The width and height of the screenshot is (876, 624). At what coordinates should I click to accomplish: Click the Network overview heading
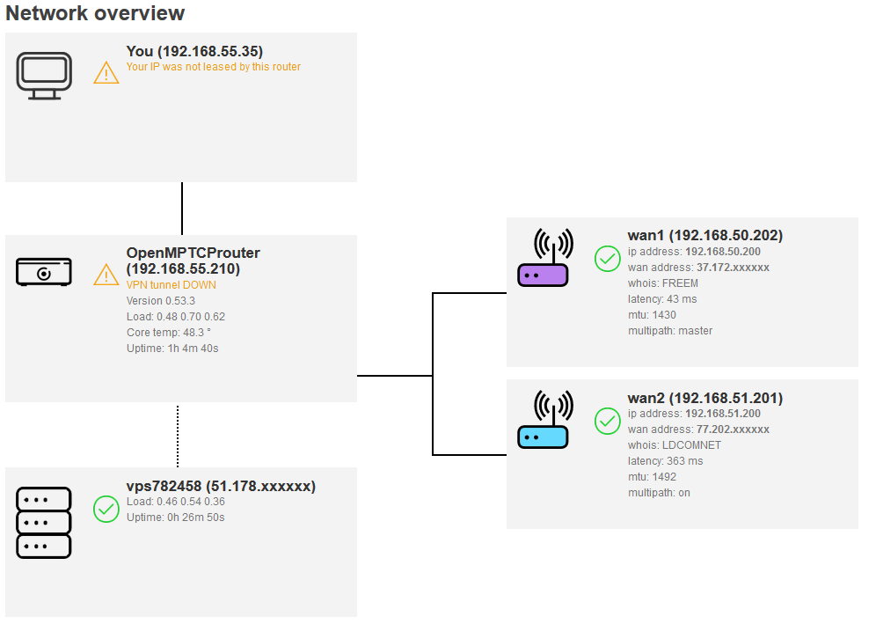[x=95, y=13]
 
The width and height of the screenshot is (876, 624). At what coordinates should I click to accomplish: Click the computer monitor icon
[x=44, y=74]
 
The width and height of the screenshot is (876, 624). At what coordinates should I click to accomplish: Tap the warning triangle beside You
[x=106, y=72]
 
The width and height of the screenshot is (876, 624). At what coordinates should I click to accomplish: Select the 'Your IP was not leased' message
[x=214, y=67]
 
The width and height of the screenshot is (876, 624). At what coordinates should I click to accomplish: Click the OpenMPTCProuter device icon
[x=44, y=272]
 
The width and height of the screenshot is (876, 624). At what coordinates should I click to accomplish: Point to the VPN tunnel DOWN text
[x=172, y=285]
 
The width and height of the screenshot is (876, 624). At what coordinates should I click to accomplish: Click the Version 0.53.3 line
[x=161, y=301]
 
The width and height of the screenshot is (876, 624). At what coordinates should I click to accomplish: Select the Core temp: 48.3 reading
[x=169, y=333]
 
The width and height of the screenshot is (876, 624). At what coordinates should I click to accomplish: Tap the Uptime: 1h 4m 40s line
[x=172, y=349]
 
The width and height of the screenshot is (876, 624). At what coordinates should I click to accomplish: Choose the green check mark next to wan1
[x=608, y=259]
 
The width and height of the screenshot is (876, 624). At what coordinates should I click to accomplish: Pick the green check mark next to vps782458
[x=106, y=509]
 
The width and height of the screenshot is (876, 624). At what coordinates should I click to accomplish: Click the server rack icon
[x=44, y=523]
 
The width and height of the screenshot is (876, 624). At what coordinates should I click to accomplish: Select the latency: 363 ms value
[x=665, y=461]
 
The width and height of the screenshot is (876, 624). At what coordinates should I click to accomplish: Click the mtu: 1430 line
[x=652, y=315]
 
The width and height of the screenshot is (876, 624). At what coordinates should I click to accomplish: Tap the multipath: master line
[x=670, y=331]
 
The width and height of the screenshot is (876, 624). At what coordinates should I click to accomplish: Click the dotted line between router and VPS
[x=178, y=436]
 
